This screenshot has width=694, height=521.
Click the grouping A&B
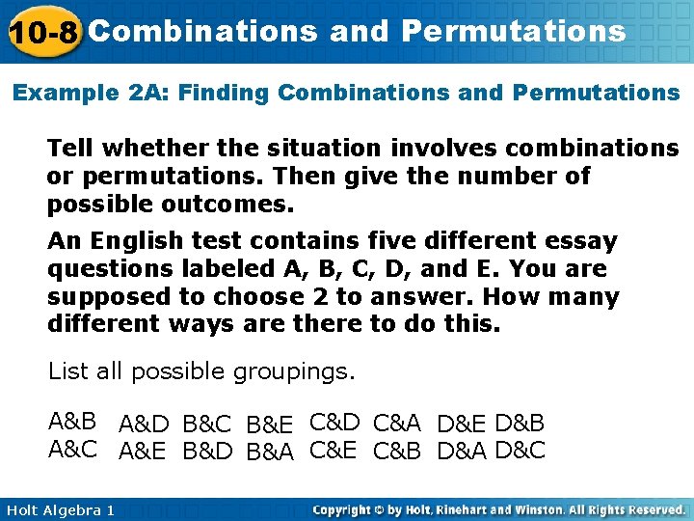tap(72, 421)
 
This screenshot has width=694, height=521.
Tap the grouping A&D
tap(145, 424)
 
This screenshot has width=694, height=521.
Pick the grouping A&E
tap(144, 451)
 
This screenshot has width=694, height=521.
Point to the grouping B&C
tap(207, 424)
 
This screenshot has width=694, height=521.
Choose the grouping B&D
tap(207, 451)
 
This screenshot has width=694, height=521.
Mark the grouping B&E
tap(270, 424)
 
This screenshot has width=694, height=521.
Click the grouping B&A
tap(270, 451)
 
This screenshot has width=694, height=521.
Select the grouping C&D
tap(334, 422)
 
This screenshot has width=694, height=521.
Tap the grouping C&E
tap(334, 449)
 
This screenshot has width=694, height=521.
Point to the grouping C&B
tap(397, 451)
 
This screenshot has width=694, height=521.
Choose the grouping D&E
tap(462, 424)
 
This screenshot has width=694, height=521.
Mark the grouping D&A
tap(462, 451)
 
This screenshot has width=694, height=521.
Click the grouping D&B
tap(520, 424)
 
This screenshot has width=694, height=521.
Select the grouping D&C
tap(520, 451)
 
